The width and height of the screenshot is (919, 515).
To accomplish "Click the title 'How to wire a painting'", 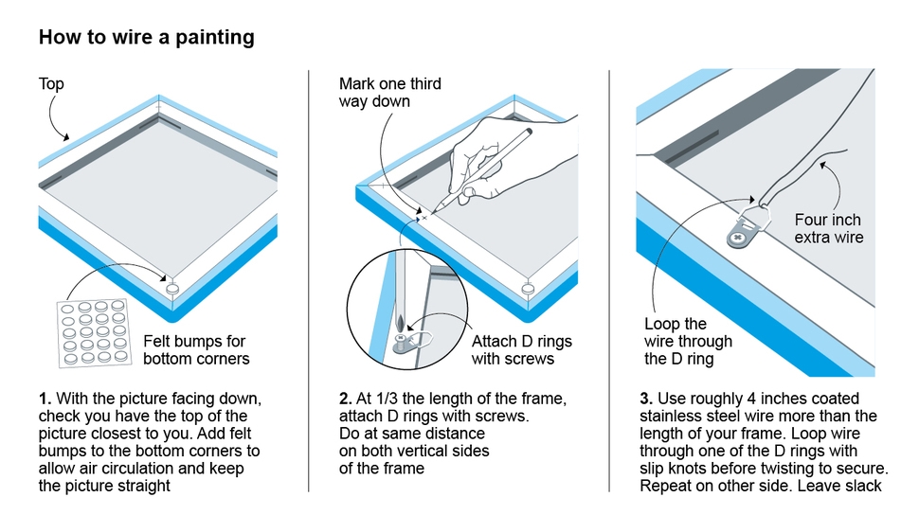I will coord(146,38).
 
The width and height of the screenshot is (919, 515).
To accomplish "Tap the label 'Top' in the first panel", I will coord(51,84).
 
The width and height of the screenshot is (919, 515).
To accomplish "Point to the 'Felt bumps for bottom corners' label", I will coord(196,349).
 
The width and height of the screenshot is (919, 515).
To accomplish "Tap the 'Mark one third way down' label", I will coord(389,93).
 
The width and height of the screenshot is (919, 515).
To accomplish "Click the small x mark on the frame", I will coord(424,217).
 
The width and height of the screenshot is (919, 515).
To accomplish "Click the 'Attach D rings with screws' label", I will coord(521,349).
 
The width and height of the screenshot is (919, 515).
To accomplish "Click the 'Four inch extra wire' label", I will coord(828,228).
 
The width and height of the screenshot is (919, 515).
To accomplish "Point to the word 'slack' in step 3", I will coord(862,485).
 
